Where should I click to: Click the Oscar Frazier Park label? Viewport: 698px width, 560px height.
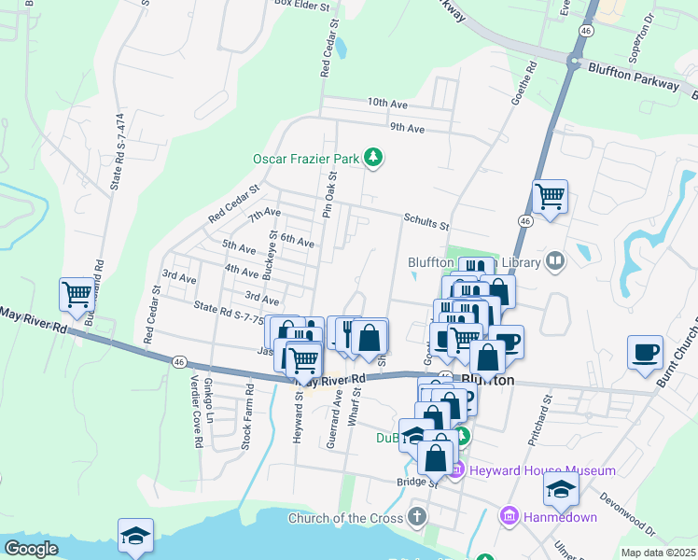pyautogui.click(x=306, y=159)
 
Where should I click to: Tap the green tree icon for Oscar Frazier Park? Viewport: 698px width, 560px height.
pyautogui.click(x=373, y=158)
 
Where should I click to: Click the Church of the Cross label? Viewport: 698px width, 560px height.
pyautogui.click(x=345, y=518)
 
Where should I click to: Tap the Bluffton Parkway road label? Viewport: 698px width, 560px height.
pyautogui.click(x=634, y=76)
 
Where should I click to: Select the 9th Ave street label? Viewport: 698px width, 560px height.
pyautogui.click(x=407, y=128)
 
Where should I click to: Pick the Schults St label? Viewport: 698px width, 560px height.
pyautogui.click(x=426, y=223)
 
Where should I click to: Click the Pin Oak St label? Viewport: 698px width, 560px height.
pyautogui.click(x=328, y=196)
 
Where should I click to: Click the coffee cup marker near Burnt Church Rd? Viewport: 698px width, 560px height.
pyautogui.click(x=645, y=353)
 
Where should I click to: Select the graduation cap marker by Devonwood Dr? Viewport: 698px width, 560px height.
pyautogui.click(x=561, y=489)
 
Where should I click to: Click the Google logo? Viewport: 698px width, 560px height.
pyautogui.click(x=31, y=549)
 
